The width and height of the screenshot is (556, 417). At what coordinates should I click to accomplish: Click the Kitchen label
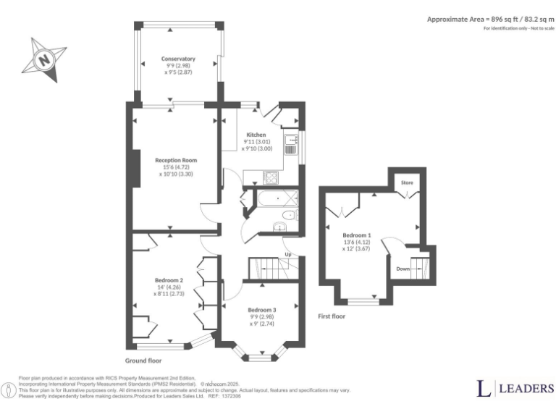pos(256,135)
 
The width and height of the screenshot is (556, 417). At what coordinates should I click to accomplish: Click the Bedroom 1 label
pos(357,235)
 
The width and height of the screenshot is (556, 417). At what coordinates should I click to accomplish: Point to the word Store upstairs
pos(408,184)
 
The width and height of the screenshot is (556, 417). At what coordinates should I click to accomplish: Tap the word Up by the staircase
pos(288,255)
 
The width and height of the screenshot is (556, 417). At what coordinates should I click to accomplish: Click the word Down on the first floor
pos(403,269)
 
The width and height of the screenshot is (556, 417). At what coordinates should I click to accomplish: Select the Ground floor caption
pos(143,361)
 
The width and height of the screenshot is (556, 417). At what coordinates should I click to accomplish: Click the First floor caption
pos(332,316)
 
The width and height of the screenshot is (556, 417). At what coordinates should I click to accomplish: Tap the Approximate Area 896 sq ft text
pos(489,19)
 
